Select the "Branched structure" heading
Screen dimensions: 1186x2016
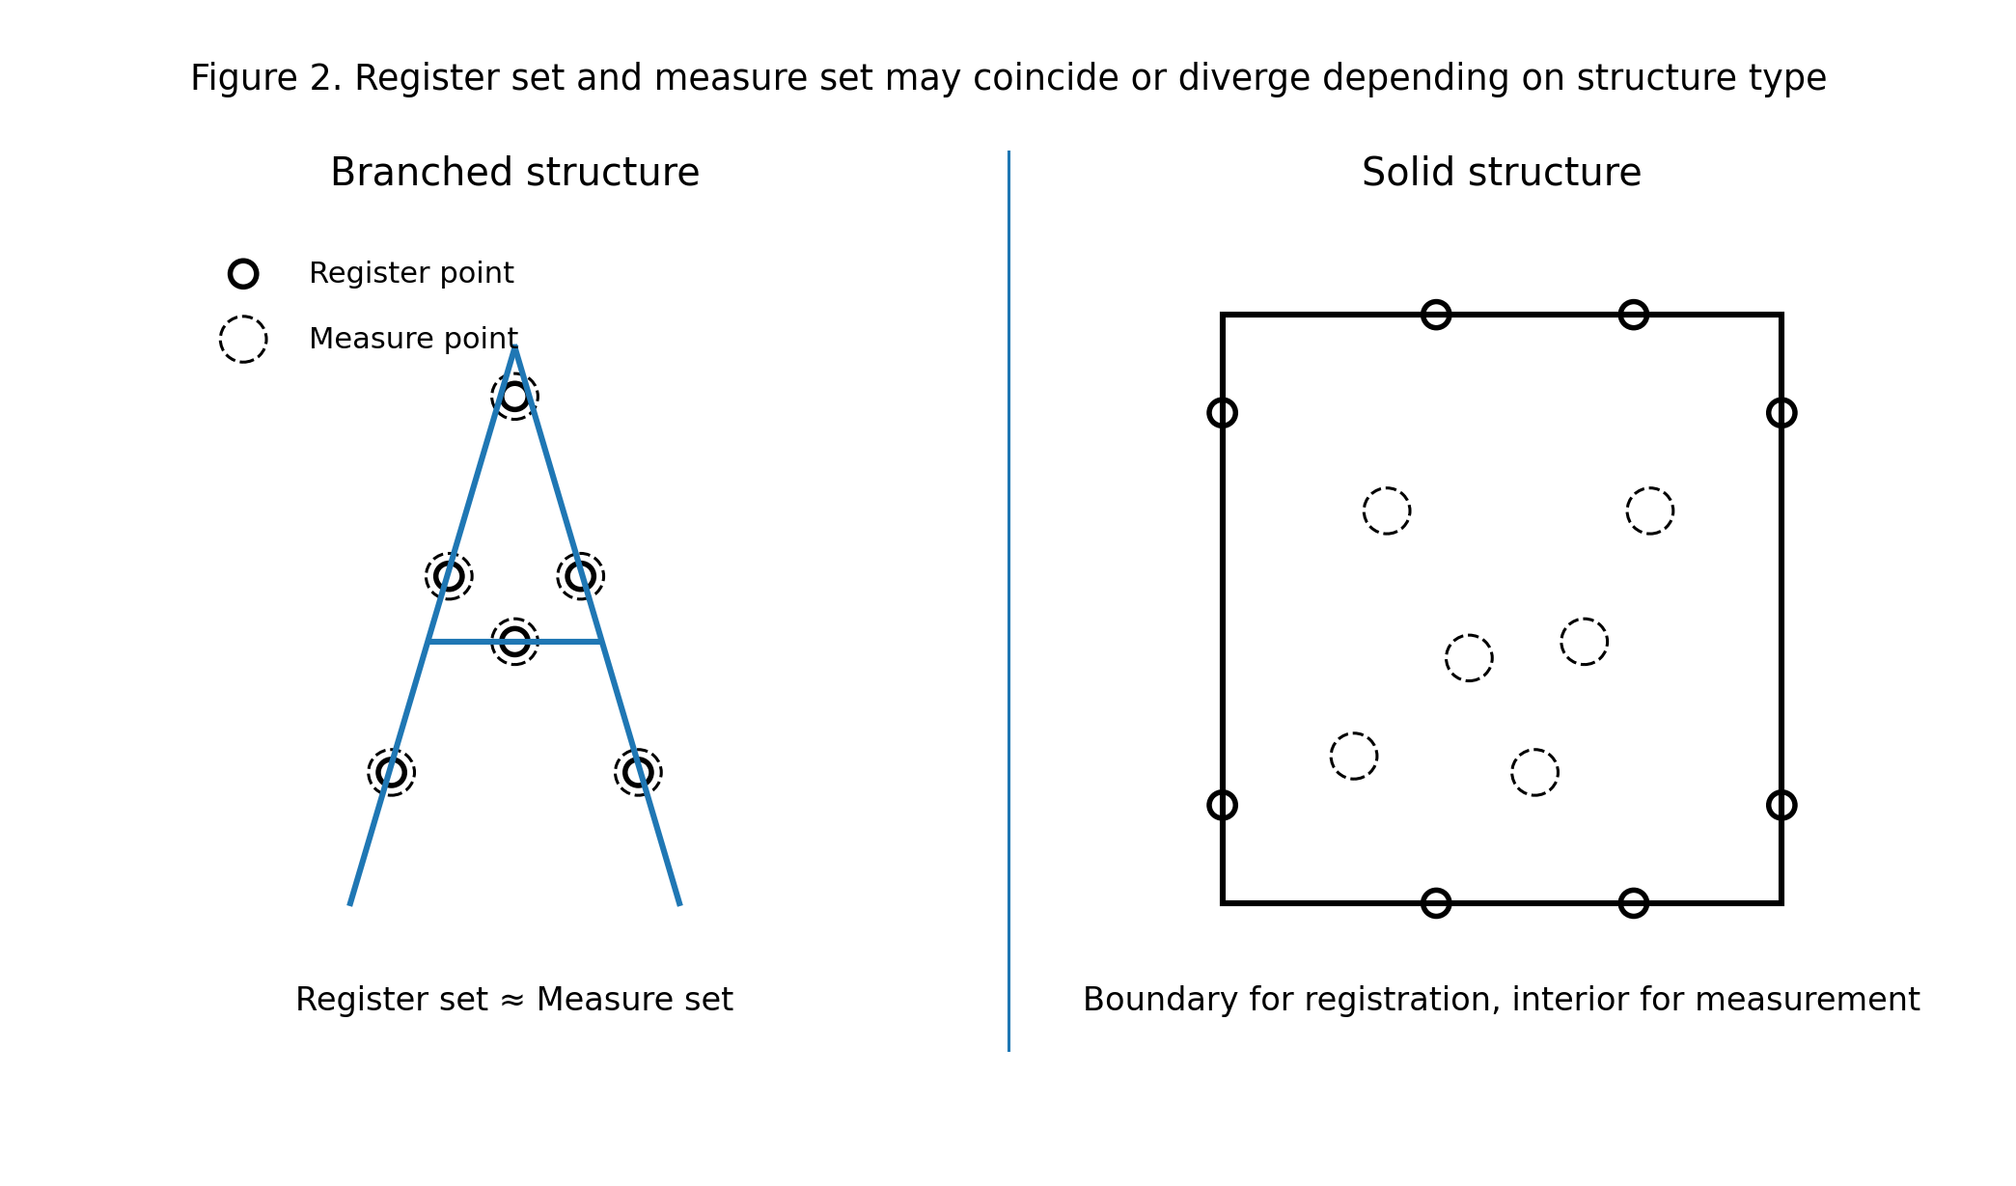pos(514,173)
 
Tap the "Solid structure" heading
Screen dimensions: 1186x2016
pos(1501,173)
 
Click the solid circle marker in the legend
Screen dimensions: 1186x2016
pos(243,274)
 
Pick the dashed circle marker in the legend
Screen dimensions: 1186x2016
pos(243,340)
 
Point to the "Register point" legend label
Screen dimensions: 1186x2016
pos(411,274)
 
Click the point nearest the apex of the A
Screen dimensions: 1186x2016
pos(514,397)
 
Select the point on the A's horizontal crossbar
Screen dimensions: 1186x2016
pos(514,642)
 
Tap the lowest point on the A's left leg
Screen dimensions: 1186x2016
pos(392,772)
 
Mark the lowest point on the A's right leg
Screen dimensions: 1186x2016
pos(638,772)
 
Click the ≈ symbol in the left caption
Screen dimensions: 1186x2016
pos(511,1001)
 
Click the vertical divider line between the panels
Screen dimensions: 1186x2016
pos(1008,598)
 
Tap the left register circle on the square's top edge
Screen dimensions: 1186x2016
pos(1436,315)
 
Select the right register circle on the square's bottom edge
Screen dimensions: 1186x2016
pos(1633,903)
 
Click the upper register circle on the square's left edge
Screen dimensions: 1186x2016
pos(1222,413)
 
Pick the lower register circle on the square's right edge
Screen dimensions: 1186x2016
pos(1781,805)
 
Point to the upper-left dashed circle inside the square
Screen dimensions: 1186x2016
pos(1387,510)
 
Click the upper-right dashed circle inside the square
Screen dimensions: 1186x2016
pos(1650,510)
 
